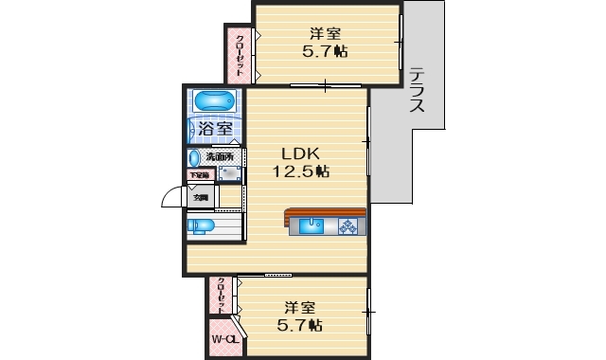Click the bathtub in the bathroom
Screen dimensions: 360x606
(x=213, y=101)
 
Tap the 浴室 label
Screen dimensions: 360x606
(x=213, y=128)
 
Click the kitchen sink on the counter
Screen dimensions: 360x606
(x=312, y=225)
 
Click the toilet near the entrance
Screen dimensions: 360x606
(x=201, y=226)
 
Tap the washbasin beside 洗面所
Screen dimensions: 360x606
(x=194, y=158)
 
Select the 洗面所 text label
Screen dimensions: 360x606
(x=220, y=156)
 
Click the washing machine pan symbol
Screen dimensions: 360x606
(x=228, y=173)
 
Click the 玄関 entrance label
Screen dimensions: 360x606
(x=201, y=197)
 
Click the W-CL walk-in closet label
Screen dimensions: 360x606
(x=224, y=338)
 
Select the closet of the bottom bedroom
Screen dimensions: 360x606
(x=222, y=296)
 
